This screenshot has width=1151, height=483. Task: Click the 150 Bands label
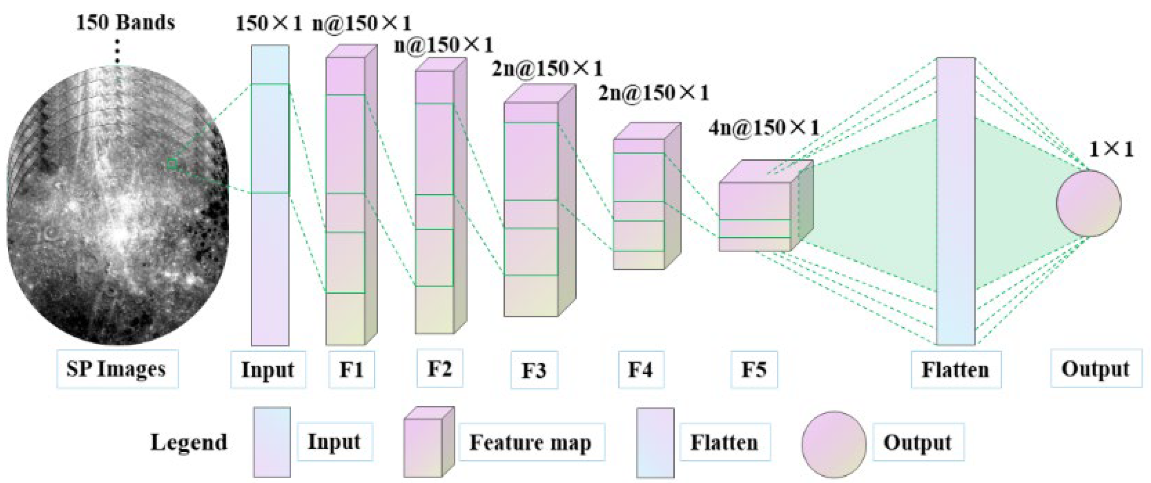pyautogui.click(x=125, y=22)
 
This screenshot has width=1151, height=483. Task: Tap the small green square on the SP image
pyautogui.click(x=171, y=164)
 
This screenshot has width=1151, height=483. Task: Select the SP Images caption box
pyautogui.click(x=117, y=369)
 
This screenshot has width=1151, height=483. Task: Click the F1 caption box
pyautogui.click(x=351, y=370)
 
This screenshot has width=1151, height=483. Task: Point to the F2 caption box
pyautogui.click(x=440, y=368)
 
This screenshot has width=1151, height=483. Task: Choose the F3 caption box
pyautogui.click(x=534, y=370)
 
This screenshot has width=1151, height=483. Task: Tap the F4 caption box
pyautogui.click(x=641, y=370)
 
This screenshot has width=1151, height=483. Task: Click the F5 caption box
pyautogui.click(x=754, y=370)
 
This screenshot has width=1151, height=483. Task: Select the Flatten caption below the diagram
pyautogui.click(x=956, y=370)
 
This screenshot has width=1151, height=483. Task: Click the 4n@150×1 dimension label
pyautogui.click(x=764, y=128)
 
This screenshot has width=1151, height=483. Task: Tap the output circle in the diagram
pyautogui.click(x=1089, y=203)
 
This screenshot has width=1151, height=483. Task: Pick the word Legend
pyautogui.click(x=189, y=442)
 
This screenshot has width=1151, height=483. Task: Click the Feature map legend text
pyautogui.click(x=530, y=443)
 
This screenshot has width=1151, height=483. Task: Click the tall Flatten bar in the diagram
pyautogui.click(x=956, y=201)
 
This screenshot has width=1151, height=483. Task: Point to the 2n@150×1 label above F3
pyautogui.click(x=547, y=68)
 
